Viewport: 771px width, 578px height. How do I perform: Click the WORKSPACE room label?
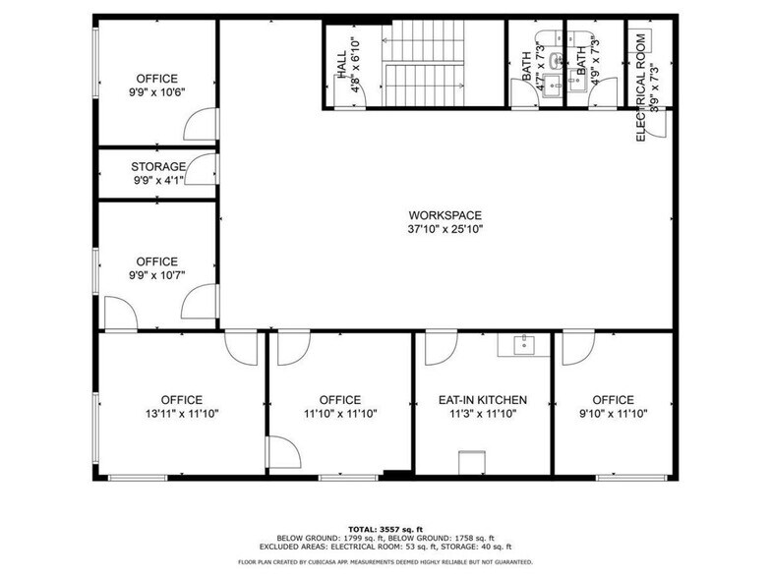click(445, 215)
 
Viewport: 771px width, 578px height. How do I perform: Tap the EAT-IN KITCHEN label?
click(483, 400)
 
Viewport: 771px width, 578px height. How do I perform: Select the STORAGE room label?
click(158, 167)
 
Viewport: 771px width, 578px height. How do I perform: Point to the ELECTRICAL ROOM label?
click(640, 88)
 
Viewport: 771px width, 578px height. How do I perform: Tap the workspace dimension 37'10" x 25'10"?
click(445, 229)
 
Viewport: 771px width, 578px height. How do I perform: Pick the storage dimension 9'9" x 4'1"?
click(158, 180)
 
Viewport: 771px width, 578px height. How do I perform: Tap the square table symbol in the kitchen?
click(473, 461)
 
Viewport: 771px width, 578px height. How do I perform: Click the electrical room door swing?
click(661, 123)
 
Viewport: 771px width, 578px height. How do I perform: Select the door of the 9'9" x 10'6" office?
click(202, 127)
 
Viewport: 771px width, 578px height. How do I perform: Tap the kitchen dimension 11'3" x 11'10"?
click(483, 414)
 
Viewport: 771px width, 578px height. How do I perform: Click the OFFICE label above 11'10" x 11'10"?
click(340, 400)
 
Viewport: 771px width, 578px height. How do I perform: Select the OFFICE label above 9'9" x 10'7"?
click(157, 261)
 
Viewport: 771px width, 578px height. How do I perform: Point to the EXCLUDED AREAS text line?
click(385, 546)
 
